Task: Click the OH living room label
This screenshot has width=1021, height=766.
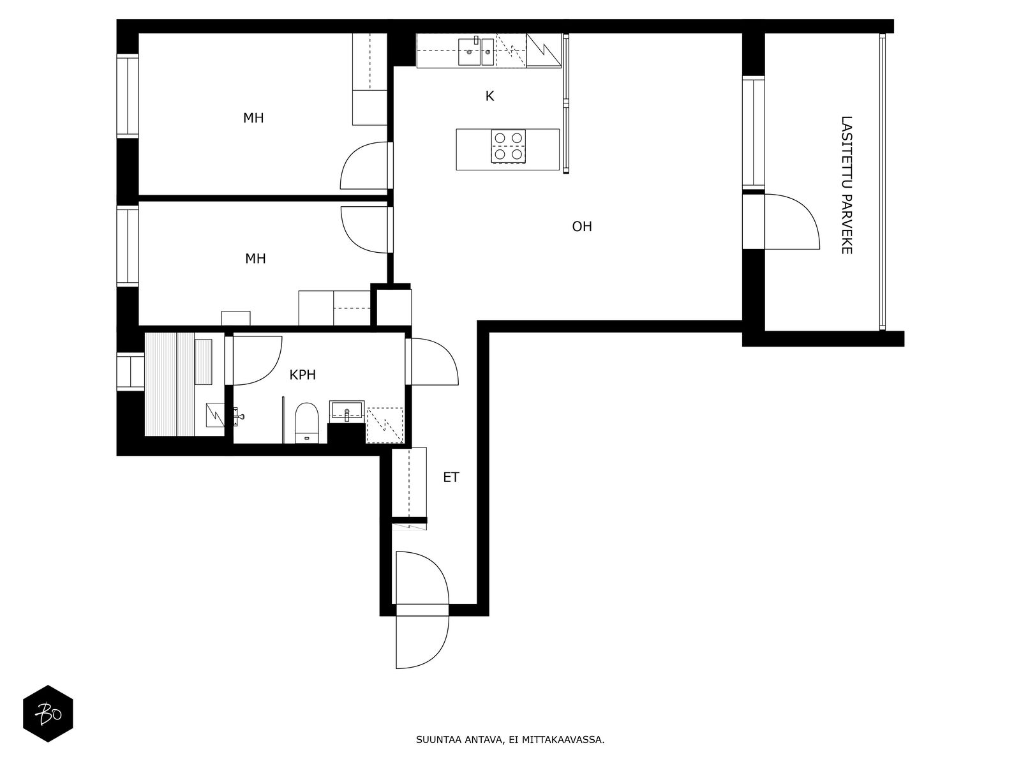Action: click(581, 227)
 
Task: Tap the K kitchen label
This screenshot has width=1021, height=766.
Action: click(489, 96)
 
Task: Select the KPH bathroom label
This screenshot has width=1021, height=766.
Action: click(302, 375)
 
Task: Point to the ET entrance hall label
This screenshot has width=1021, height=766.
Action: click(451, 477)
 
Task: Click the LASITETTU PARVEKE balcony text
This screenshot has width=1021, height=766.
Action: click(847, 185)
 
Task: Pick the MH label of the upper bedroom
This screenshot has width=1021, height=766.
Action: click(253, 118)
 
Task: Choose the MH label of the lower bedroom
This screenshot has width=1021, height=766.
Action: click(255, 259)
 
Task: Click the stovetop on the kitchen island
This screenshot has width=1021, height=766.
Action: click(508, 147)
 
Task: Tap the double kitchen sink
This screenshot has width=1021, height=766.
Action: click(476, 51)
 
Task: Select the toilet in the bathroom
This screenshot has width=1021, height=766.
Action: click(306, 423)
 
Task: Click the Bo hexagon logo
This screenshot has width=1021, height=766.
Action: click(48, 714)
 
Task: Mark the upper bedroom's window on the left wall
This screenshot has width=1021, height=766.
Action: click(128, 96)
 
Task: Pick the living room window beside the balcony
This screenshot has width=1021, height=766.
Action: click(753, 133)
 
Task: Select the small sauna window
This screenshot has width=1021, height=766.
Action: click(130, 372)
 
